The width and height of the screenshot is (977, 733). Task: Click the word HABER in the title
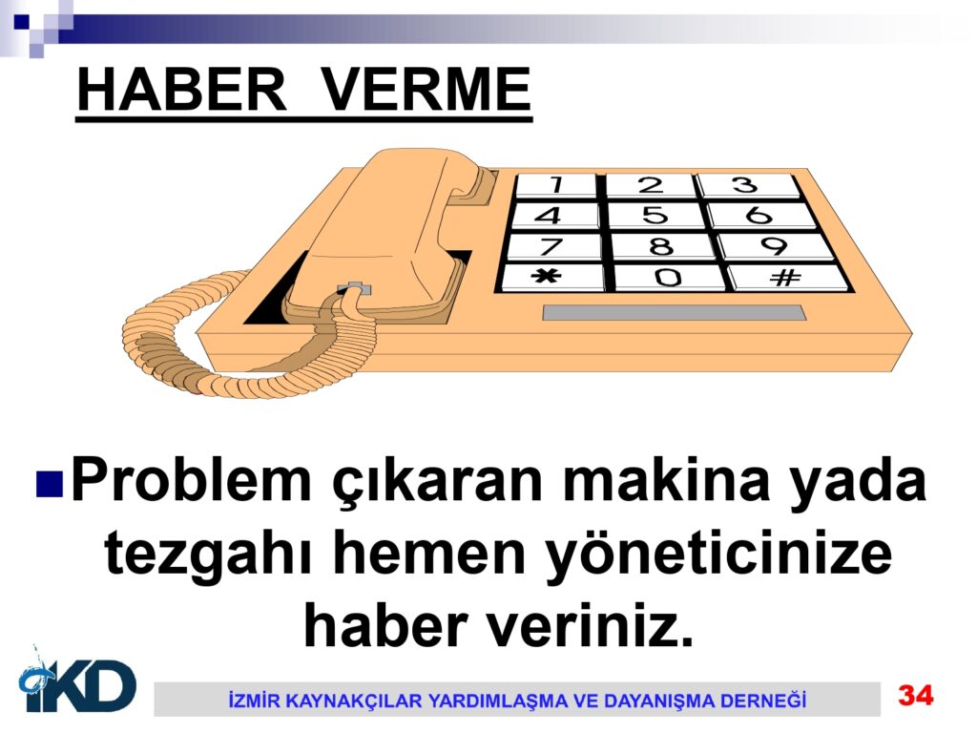click(181, 90)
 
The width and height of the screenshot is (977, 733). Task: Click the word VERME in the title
click(426, 90)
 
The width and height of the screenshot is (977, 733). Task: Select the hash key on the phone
click(786, 277)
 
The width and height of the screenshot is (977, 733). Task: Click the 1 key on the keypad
click(556, 185)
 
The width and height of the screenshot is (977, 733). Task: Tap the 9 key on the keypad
click(775, 245)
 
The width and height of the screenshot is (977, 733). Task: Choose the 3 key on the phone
click(746, 185)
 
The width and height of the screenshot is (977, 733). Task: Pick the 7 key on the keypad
click(553, 245)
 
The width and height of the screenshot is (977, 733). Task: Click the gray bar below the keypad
click(675, 313)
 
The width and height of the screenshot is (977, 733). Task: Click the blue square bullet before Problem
click(50, 484)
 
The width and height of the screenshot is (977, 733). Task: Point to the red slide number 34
click(915, 695)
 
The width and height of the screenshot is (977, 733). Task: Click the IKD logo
click(78, 681)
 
